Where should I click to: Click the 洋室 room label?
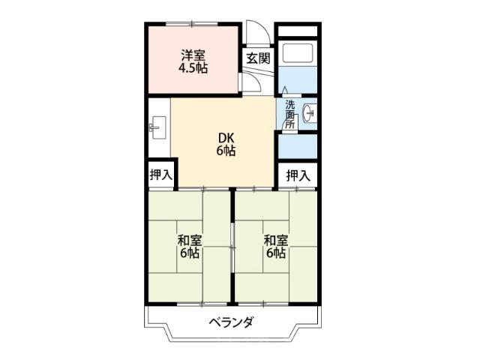pyautogui.click(x=193, y=55)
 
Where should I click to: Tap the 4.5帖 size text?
pyautogui.click(x=193, y=68)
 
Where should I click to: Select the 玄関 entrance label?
pyautogui.click(x=259, y=58)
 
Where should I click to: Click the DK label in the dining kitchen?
pyautogui.click(x=226, y=138)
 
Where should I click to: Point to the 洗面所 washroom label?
pyautogui.click(x=290, y=115)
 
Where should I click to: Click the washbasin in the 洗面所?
pyautogui.click(x=310, y=113)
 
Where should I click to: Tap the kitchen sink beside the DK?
pyautogui.click(x=158, y=127)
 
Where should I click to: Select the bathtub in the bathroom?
pyautogui.click(x=298, y=53)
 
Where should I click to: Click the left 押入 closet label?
pyautogui.click(x=161, y=175)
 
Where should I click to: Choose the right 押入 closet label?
pyautogui.click(x=298, y=175)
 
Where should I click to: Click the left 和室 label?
pyautogui.click(x=190, y=241)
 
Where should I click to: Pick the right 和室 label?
pyautogui.click(x=276, y=241)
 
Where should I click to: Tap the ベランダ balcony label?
pyautogui.click(x=232, y=322)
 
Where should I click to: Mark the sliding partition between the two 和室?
pyautogui.click(x=232, y=247)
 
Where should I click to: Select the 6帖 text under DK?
pyautogui.click(x=226, y=151)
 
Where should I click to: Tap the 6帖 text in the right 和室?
pyautogui.click(x=276, y=253)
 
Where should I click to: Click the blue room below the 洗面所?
pyautogui.click(x=298, y=146)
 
